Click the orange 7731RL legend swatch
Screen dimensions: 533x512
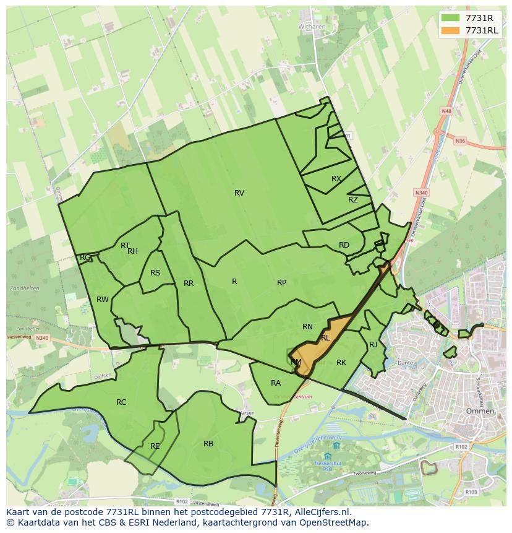click(450, 30)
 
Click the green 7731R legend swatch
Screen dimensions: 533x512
click(450, 18)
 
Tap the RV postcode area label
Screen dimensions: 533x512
click(239, 193)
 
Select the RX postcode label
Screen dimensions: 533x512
click(336, 179)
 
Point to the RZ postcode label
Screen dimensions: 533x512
click(353, 200)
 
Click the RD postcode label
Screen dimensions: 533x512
click(344, 245)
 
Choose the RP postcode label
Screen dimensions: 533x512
click(281, 283)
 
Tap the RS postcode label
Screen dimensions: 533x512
click(155, 273)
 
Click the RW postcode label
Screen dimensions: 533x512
click(103, 300)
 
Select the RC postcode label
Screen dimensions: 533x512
click(121, 402)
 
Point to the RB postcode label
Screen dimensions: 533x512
click(208, 444)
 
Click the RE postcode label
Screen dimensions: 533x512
click(155, 446)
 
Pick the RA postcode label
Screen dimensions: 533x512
click(276, 383)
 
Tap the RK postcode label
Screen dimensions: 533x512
click(341, 363)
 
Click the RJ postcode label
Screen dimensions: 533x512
click(373, 345)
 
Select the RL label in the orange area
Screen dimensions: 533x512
click(325, 338)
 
